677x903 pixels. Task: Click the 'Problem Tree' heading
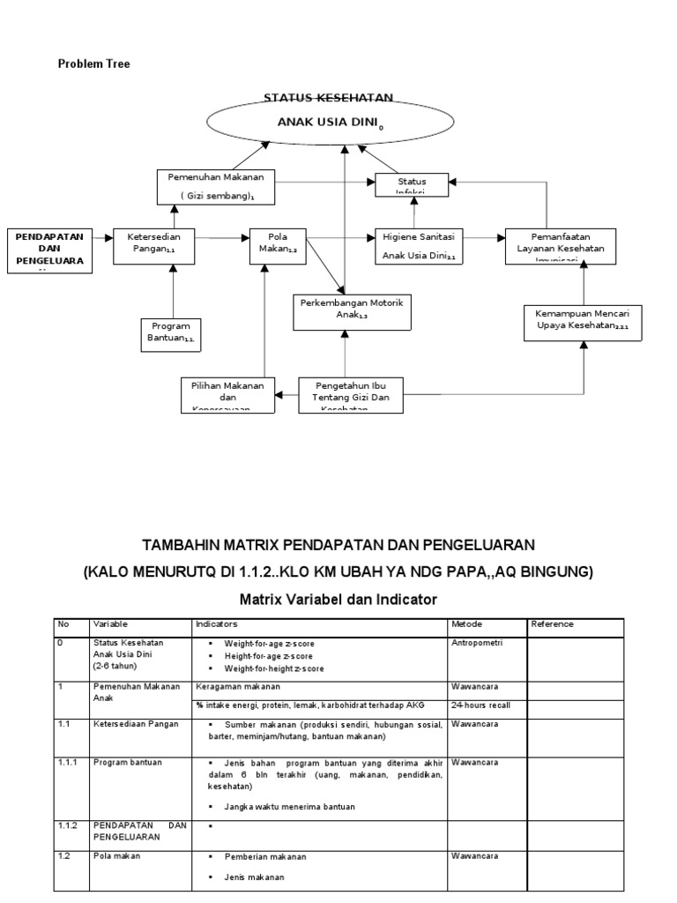tap(93, 63)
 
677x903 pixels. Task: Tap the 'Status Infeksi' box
tap(412, 184)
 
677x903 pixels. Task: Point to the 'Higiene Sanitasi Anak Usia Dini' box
tap(419, 246)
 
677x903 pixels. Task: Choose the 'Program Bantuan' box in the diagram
tap(172, 332)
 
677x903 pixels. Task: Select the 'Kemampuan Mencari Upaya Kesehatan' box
tap(583, 321)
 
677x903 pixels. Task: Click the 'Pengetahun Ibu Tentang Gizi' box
tap(351, 394)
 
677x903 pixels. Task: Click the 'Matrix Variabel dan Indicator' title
tap(338, 600)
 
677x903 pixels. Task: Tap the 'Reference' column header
tap(553, 624)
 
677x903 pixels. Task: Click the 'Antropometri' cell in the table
tap(476, 644)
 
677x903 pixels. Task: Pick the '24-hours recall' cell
tap(480, 705)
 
